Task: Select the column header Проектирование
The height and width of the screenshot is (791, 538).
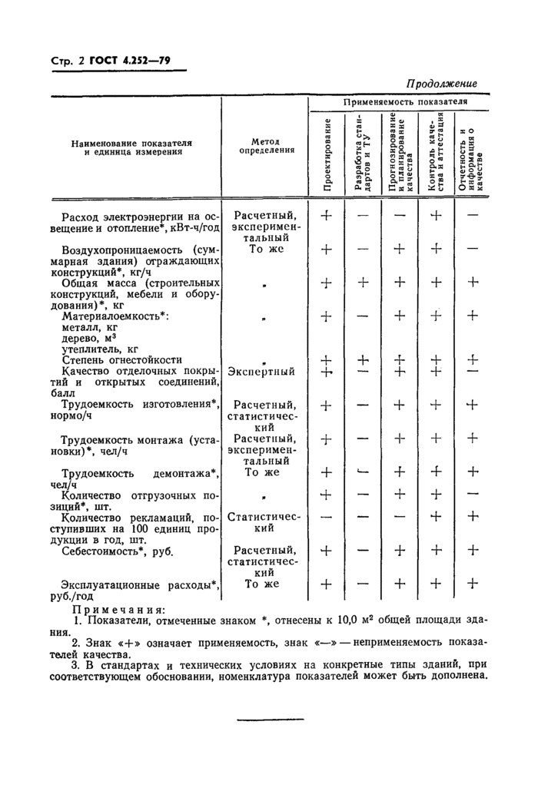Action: [327, 154]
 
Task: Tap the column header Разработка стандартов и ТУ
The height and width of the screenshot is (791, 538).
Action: [364, 154]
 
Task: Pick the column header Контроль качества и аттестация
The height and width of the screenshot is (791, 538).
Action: [436, 154]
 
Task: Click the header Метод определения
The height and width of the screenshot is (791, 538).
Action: [264, 146]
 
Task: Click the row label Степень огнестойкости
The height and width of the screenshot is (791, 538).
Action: [121, 359]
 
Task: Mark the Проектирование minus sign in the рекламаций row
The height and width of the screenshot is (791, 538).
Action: [327, 517]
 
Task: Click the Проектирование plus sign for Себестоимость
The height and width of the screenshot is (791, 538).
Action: [327, 550]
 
